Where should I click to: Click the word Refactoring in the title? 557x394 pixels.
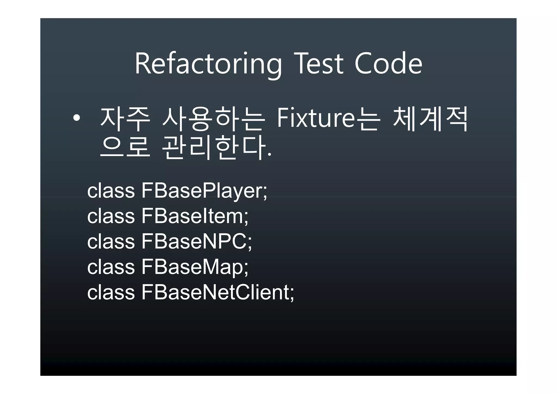[x=208, y=64]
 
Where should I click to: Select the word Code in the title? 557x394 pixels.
[x=388, y=64]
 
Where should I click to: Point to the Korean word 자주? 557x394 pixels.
[x=125, y=119]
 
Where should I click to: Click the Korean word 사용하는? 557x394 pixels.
[x=213, y=119]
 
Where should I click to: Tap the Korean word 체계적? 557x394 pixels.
[x=430, y=119]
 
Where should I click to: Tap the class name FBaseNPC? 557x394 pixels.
[x=194, y=242]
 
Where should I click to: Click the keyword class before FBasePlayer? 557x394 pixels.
[x=111, y=191]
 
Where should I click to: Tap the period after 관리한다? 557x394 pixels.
[x=269, y=155]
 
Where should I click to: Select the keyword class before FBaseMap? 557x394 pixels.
[x=111, y=267]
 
